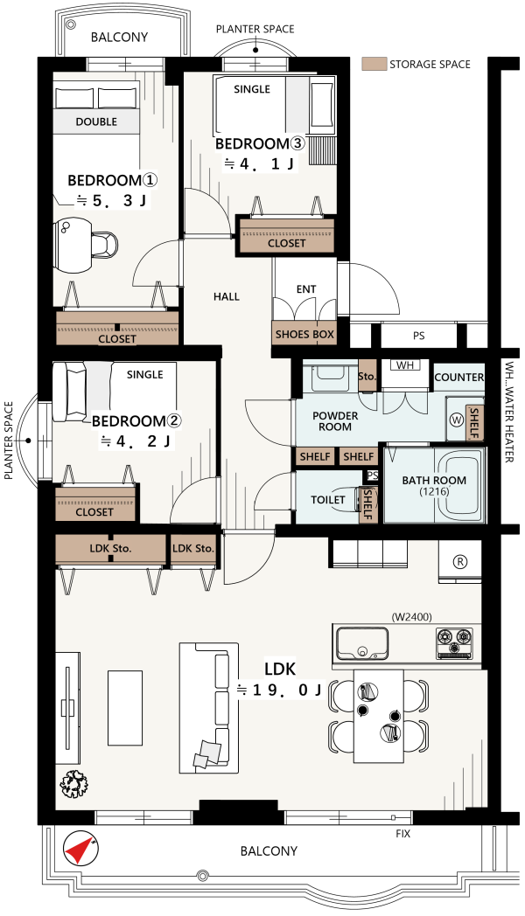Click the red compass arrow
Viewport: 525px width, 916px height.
coord(79,848)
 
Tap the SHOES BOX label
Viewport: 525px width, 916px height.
coord(304,334)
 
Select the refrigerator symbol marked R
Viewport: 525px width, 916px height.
coord(460,562)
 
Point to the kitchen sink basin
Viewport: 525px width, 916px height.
coord(362,643)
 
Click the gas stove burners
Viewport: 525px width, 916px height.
coord(454,643)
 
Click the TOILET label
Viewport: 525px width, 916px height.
coord(327,499)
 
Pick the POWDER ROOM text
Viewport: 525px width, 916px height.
coord(335,421)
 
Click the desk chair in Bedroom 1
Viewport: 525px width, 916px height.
coord(105,244)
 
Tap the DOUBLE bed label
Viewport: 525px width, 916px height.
coord(96,121)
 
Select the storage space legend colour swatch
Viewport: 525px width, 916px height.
coord(374,65)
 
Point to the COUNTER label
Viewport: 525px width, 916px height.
coord(458,378)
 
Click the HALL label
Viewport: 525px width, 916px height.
coord(227,297)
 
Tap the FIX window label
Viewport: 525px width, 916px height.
coord(402,834)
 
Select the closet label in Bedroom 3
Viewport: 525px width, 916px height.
coord(286,243)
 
